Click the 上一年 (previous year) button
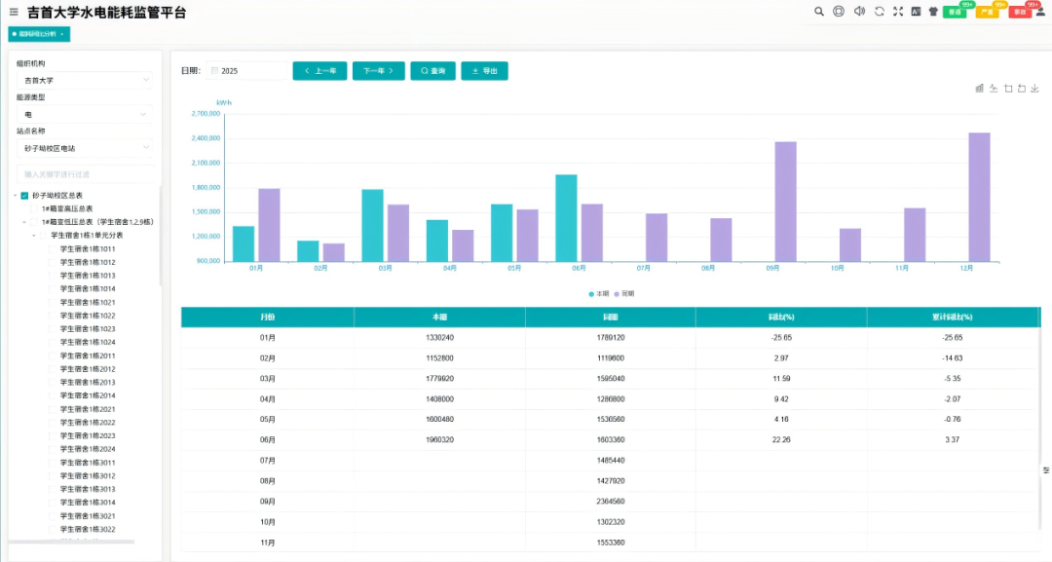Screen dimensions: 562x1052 click(319, 71)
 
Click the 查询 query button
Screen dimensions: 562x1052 click(432, 71)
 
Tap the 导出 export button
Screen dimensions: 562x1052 click(484, 71)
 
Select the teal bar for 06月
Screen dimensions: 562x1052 click(566, 218)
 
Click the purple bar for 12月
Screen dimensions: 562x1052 click(979, 197)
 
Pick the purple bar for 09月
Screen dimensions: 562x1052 click(786, 202)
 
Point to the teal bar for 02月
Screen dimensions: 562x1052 click(308, 251)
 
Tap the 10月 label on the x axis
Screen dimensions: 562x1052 click(837, 268)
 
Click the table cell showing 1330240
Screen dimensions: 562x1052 click(439, 337)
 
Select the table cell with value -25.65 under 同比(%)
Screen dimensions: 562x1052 click(780, 337)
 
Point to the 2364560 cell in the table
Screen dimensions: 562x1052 click(610, 502)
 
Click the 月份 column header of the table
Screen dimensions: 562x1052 click(268, 318)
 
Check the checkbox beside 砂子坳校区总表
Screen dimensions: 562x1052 click(24, 195)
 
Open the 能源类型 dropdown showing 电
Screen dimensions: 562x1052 click(85, 114)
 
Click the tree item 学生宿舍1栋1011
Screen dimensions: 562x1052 click(88, 249)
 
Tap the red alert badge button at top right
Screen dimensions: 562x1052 click(1019, 12)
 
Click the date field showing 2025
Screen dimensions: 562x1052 click(247, 71)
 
